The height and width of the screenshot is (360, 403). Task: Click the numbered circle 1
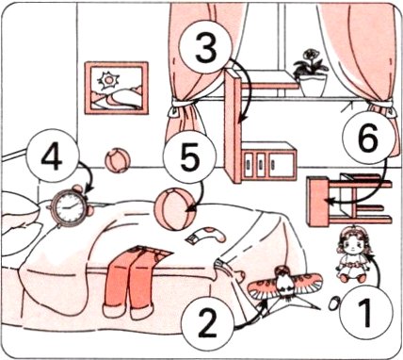(x=366, y=312)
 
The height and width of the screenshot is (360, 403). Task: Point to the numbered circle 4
(x=52, y=155)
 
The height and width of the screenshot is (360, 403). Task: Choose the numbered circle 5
(x=189, y=156)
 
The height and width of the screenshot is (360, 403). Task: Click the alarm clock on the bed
(x=70, y=205)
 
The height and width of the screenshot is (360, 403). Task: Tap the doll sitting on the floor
(x=352, y=254)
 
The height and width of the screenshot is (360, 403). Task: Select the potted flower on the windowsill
(x=311, y=73)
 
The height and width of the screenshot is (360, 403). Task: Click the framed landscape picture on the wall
(x=117, y=88)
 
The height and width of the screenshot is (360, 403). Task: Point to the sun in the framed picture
(x=108, y=80)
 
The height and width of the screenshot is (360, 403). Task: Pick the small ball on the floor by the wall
(x=118, y=160)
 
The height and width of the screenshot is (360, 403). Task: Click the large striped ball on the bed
(x=175, y=209)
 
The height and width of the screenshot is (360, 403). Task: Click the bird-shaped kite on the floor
(x=285, y=285)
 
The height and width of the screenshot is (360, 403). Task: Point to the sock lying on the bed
(x=206, y=235)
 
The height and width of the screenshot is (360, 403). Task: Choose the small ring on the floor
(x=334, y=303)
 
